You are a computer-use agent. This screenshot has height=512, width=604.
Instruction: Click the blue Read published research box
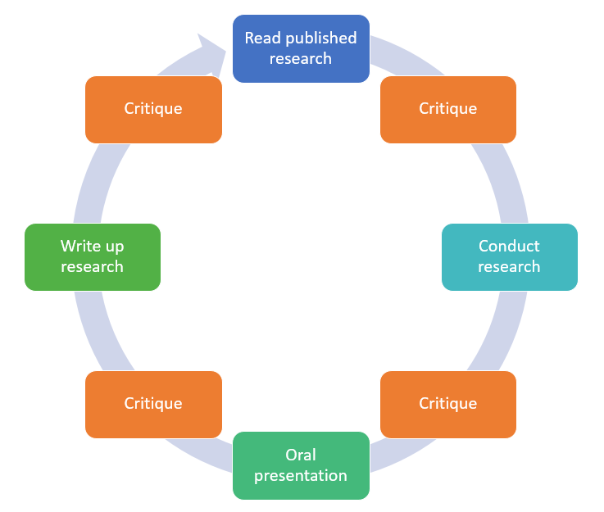(x=301, y=48)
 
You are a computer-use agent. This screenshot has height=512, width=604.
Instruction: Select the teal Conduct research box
(x=509, y=256)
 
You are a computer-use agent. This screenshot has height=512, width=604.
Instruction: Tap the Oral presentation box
(x=301, y=465)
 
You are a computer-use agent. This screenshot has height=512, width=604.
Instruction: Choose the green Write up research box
(x=92, y=256)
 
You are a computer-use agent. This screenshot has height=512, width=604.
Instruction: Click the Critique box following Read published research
(x=448, y=109)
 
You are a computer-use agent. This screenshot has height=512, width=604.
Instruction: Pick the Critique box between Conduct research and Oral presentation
(x=448, y=404)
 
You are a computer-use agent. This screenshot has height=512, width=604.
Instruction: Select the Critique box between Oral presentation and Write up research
(x=153, y=404)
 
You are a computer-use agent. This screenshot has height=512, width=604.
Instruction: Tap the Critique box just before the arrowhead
(x=153, y=109)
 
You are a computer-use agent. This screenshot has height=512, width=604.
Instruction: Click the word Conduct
(x=509, y=246)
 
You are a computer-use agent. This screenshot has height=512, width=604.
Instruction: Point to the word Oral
(x=301, y=455)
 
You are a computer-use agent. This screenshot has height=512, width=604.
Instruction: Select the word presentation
(x=301, y=476)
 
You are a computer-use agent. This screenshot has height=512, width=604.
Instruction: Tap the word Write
(x=80, y=246)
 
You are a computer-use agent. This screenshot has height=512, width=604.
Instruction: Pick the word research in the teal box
(x=509, y=267)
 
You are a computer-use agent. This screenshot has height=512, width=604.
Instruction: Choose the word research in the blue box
(x=301, y=59)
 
